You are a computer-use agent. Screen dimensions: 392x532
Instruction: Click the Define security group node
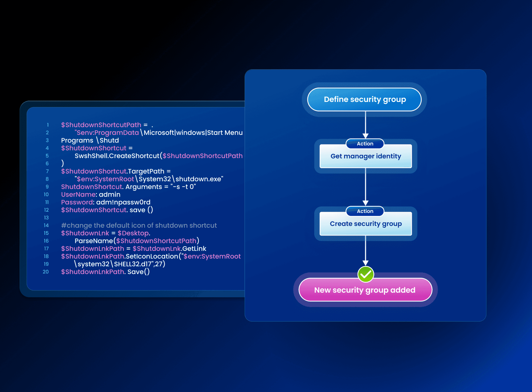(365, 99)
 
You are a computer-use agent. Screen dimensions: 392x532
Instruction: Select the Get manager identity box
(366, 156)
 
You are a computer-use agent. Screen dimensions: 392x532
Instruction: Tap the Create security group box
(366, 224)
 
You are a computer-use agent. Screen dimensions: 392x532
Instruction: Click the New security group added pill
(365, 290)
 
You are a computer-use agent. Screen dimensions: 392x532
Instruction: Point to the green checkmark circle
(366, 274)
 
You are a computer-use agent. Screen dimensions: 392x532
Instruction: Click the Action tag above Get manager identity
(365, 144)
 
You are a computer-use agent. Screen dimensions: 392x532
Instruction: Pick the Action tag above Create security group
(365, 211)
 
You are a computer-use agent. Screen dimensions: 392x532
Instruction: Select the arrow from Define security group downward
(366, 124)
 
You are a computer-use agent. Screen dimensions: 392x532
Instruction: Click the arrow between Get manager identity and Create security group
(366, 186)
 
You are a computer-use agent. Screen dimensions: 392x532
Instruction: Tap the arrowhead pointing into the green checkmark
(366, 263)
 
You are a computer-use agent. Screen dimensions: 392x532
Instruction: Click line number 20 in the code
(46, 272)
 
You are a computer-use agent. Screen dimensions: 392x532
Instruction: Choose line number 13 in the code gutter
(46, 218)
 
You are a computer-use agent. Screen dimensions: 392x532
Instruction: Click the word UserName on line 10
(78, 195)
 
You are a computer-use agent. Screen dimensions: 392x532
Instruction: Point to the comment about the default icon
(139, 225)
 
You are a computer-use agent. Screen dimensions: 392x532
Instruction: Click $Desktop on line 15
(133, 233)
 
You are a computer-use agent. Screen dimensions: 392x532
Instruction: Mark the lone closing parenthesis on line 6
(63, 163)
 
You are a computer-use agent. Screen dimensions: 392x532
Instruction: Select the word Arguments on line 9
(144, 187)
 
